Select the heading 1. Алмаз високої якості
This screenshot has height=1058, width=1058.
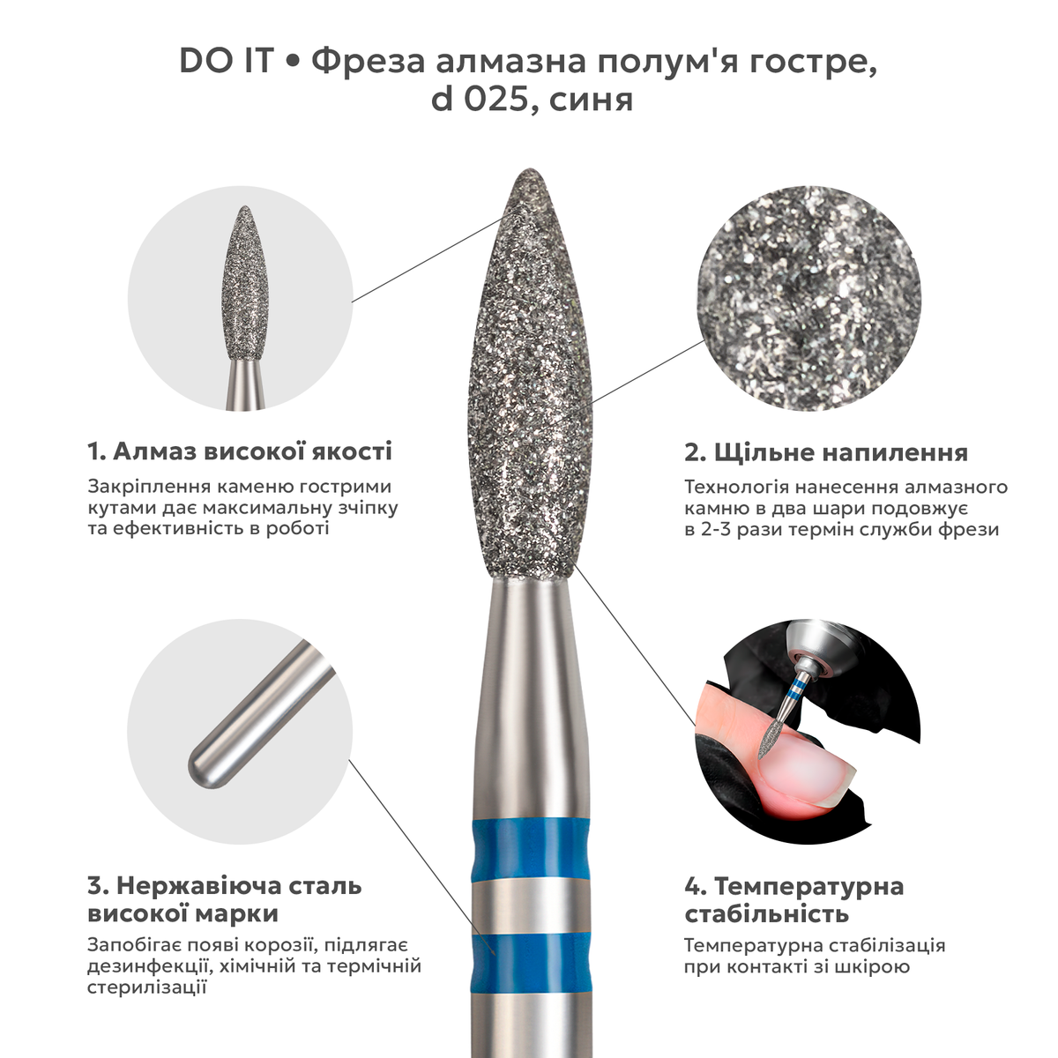(x=240, y=451)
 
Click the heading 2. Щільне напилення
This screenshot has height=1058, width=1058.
(x=826, y=453)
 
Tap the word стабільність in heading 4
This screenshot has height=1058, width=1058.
(x=768, y=914)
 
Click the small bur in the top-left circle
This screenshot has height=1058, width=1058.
(x=245, y=307)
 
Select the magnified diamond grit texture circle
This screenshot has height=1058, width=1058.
(x=809, y=300)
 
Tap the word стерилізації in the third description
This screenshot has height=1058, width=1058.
(x=147, y=987)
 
